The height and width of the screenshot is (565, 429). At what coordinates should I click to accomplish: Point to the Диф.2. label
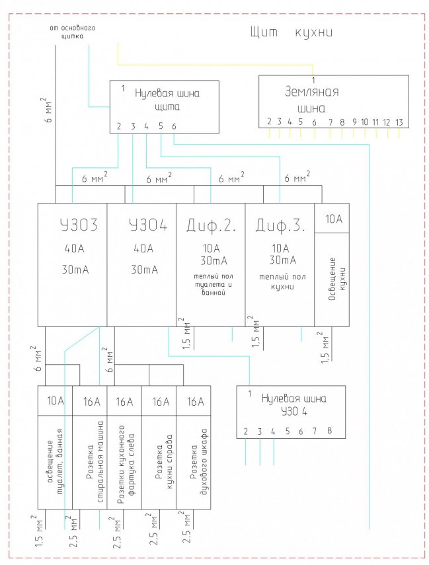[x=210, y=225]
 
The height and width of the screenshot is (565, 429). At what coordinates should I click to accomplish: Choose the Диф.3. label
[x=279, y=225]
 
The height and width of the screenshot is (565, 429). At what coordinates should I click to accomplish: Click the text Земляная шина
[x=311, y=99]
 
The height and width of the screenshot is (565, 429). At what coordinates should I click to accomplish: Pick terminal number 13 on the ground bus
[x=399, y=122]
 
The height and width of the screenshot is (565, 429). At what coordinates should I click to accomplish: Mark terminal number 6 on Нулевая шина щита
[x=174, y=126]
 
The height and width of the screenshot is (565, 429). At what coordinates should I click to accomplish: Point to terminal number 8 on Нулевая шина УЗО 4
[x=329, y=432]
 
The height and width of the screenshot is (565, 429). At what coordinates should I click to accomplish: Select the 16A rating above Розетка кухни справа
[x=160, y=401]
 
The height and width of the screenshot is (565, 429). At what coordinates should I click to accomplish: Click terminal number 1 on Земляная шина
[x=313, y=80]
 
